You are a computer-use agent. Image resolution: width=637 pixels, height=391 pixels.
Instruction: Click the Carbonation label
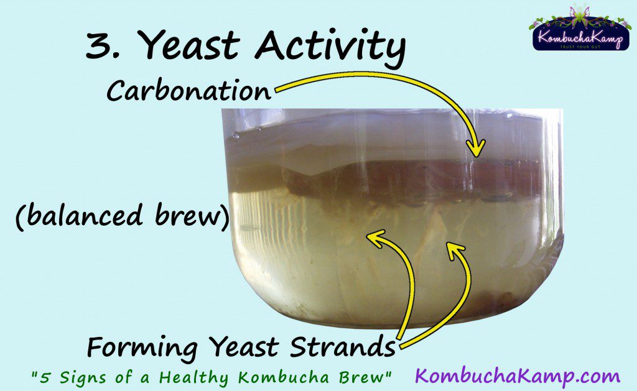coord(188,90)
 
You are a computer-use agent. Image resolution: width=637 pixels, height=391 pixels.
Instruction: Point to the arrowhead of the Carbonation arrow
coord(476,149)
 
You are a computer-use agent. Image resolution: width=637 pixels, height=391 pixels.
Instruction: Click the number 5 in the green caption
coord(45,377)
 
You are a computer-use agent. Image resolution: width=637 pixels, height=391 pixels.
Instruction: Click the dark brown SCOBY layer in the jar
coord(414,178)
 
